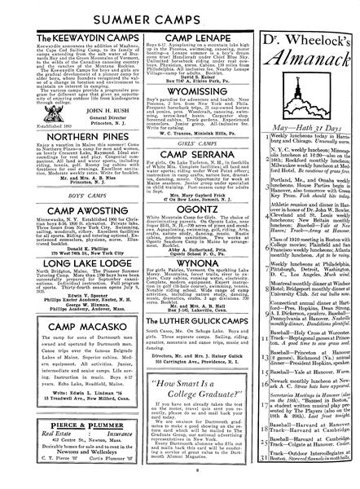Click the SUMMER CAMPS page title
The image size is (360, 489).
coord(179,14)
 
